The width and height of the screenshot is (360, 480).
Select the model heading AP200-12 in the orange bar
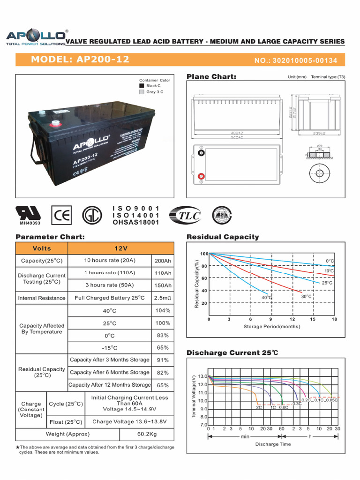[80, 60]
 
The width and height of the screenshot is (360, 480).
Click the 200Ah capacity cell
[162, 261]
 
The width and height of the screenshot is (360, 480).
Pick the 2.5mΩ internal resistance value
[162, 298]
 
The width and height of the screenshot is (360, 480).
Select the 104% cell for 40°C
[162, 311]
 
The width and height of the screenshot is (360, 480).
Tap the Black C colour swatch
[142, 86]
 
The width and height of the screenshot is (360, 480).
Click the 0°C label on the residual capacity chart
[330, 261]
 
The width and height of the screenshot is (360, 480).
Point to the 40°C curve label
[267, 297]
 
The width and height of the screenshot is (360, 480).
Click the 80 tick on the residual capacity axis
[204, 266]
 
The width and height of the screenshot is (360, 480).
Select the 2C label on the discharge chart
[259, 407]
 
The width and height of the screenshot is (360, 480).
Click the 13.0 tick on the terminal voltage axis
[202, 376]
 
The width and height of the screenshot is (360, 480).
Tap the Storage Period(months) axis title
[271, 326]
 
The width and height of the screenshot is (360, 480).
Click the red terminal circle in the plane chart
[201, 177]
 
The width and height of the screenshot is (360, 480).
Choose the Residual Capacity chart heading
[223, 237]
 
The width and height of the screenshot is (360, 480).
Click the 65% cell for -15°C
[162, 348]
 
